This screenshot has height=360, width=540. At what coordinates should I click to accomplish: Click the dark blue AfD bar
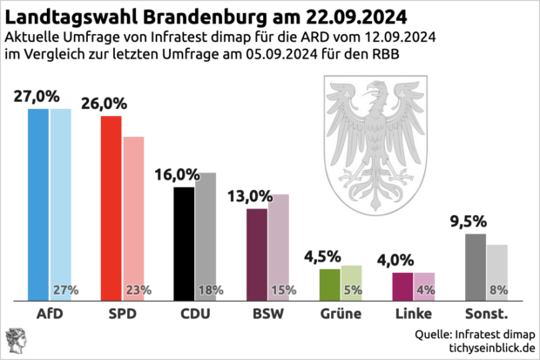tap(38, 205)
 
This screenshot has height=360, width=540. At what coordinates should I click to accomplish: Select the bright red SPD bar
tap(111, 208)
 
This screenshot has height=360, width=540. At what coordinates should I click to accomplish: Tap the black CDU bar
tap(184, 243)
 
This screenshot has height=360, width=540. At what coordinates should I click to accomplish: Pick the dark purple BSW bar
tap(257, 255)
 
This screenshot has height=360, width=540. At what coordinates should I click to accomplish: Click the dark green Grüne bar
tap(329, 284)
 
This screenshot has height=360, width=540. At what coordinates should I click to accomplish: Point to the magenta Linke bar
tap(402, 286)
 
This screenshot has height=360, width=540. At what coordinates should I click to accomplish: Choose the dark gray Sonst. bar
tap(475, 267)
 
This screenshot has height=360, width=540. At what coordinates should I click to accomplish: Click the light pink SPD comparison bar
tap(132, 218)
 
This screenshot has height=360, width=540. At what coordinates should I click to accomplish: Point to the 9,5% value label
tap(468, 221)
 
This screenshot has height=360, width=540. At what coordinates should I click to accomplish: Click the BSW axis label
tap(266, 313)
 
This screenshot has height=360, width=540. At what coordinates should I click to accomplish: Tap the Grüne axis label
tap(339, 313)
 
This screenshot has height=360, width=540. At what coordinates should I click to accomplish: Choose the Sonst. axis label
tap(486, 313)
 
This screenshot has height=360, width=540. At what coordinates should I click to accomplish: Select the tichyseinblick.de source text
tap(489, 347)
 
